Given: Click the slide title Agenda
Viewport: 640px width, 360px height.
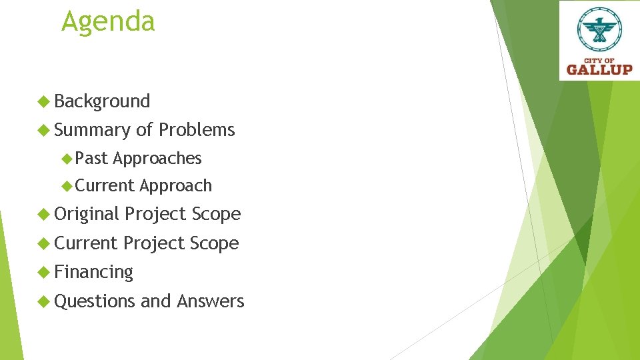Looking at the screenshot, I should [108, 21].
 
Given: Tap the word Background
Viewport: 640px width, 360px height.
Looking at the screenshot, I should [102, 101].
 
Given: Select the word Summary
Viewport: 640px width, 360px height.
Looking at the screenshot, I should [93, 130].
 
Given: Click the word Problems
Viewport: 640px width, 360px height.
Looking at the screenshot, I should [197, 130].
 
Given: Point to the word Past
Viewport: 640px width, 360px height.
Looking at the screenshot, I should [92, 158].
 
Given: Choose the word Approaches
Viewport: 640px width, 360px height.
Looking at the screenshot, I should [157, 159].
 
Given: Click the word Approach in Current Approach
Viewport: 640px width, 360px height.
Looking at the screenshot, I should [176, 186].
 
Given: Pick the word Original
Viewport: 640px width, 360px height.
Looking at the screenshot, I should [87, 214].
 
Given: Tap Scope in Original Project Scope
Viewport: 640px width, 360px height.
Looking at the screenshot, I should [216, 214].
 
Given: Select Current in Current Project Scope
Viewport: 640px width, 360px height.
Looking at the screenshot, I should [86, 243].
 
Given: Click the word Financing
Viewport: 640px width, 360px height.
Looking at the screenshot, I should [93, 273].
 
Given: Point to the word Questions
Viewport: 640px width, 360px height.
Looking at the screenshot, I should [95, 301].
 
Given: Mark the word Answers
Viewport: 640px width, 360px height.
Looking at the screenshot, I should [211, 301].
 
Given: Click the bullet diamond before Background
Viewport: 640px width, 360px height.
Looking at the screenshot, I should [44, 101].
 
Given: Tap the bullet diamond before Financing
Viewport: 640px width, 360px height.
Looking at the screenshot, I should [44, 272].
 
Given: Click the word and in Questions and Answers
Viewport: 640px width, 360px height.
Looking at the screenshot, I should [156, 301].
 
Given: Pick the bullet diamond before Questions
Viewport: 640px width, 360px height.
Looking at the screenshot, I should [44, 301].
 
